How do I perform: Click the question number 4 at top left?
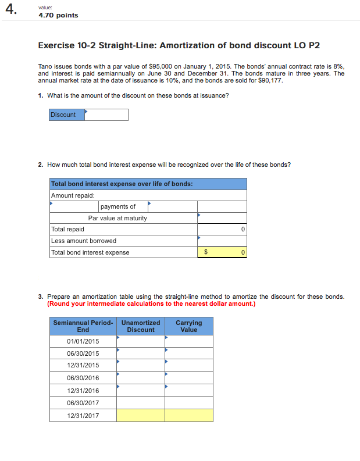click(x=10, y=10)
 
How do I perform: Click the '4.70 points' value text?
click(x=58, y=15)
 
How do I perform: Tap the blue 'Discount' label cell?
click(x=66, y=115)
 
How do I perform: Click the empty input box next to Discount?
click(x=106, y=115)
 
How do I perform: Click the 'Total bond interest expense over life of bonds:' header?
click(x=122, y=184)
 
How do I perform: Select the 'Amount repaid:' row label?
click(x=73, y=195)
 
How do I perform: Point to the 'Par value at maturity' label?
click(x=117, y=218)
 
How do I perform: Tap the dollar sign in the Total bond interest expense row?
click(x=205, y=252)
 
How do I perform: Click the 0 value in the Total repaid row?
click(x=243, y=230)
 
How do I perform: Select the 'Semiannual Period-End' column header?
click(x=83, y=326)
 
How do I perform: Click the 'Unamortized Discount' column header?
click(x=141, y=326)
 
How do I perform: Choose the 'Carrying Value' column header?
click(x=189, y=326)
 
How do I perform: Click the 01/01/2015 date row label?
click(x=83, y=341)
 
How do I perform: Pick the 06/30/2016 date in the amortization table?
click(x=83, y=378)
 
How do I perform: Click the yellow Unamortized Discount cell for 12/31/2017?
click(x=140, y=416)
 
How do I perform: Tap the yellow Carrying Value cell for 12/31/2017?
click(x=189, y=416)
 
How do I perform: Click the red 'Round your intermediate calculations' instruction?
click(x=151, y=303)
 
